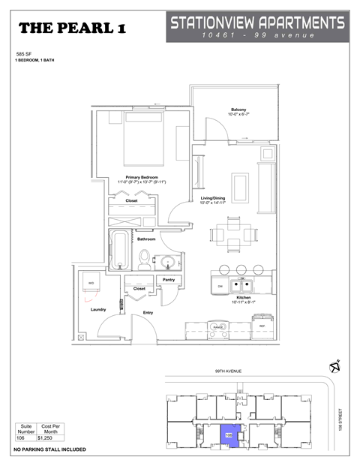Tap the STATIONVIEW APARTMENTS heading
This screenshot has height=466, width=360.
[x=257, y=23]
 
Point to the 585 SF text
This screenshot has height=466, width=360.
[x=25, y=55]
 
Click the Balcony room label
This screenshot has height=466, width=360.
[x=238, y=110]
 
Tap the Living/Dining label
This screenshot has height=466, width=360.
[x=213, y=198]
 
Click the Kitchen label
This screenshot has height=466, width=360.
[x=243, y=297]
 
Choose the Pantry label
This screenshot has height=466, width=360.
[x=169, y=279]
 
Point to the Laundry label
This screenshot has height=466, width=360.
[x=98, y=309]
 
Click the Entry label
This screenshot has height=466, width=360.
[x=148, y=311]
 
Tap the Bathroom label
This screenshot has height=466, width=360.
[x=145, y=239]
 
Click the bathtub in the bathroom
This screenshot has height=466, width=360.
[x=120, y=251]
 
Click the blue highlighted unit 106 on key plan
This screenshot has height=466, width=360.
[x=229, y=433]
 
